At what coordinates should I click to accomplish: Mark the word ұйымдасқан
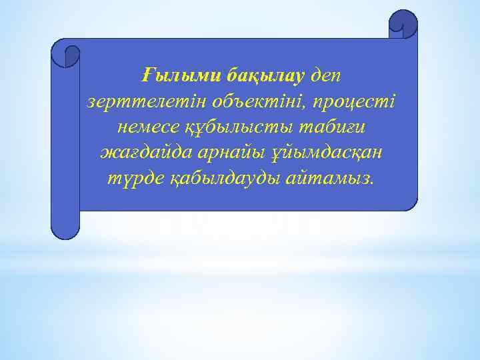[x=325, y=153]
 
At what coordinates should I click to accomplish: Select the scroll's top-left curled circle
[x=66, y=54]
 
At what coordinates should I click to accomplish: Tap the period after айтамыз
[x=371, y=183]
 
